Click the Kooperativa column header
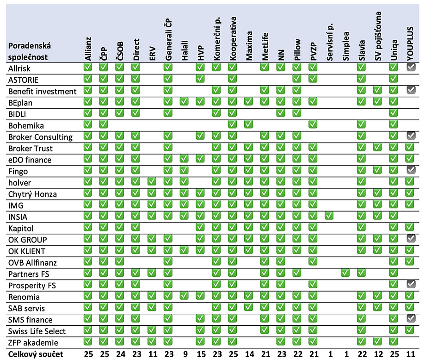[x=233, y=38]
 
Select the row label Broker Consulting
[x=40, y=137]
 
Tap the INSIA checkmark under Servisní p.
[x=329, y=216]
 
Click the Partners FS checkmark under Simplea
[x=345, y=273]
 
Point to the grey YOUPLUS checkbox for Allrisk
[x=411, y=67]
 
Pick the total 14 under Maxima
[x=249, y=354]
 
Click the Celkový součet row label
[x=36, y=354]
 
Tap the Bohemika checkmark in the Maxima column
[x=248, y=124]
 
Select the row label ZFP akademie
[x=33, y=342]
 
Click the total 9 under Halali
[x=185, y=354]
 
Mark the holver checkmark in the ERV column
[x=152, y=181]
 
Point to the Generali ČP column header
[x=168, y=40]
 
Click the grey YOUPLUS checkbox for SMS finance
[x=411, y=318]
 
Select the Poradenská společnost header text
[x=30, y=51]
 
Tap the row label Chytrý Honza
[x=32, y=194]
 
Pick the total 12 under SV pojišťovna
[x=378, y=354]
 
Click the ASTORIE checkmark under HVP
[x=200, y=79]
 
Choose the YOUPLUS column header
[x=410, y=43]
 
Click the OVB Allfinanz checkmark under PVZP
[x=313, y=261]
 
